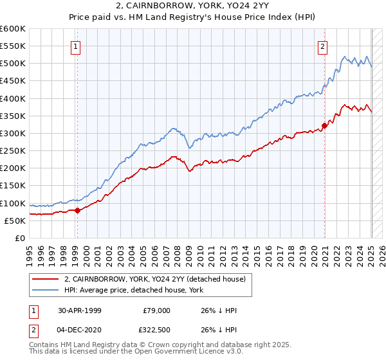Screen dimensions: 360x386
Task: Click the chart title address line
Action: tap(192, 6)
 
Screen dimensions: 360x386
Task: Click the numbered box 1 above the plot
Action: tap(76, 46)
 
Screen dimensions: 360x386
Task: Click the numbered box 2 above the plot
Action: tap(322, 46)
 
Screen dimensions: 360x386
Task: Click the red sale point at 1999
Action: tap(77, 210)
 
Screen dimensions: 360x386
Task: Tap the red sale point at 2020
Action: tap(324, 125)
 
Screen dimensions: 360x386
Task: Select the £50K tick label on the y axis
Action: tap(15, 221)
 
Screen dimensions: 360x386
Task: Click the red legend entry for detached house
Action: tap(154, 280)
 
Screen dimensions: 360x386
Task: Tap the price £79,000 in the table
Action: tap(156, 310)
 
